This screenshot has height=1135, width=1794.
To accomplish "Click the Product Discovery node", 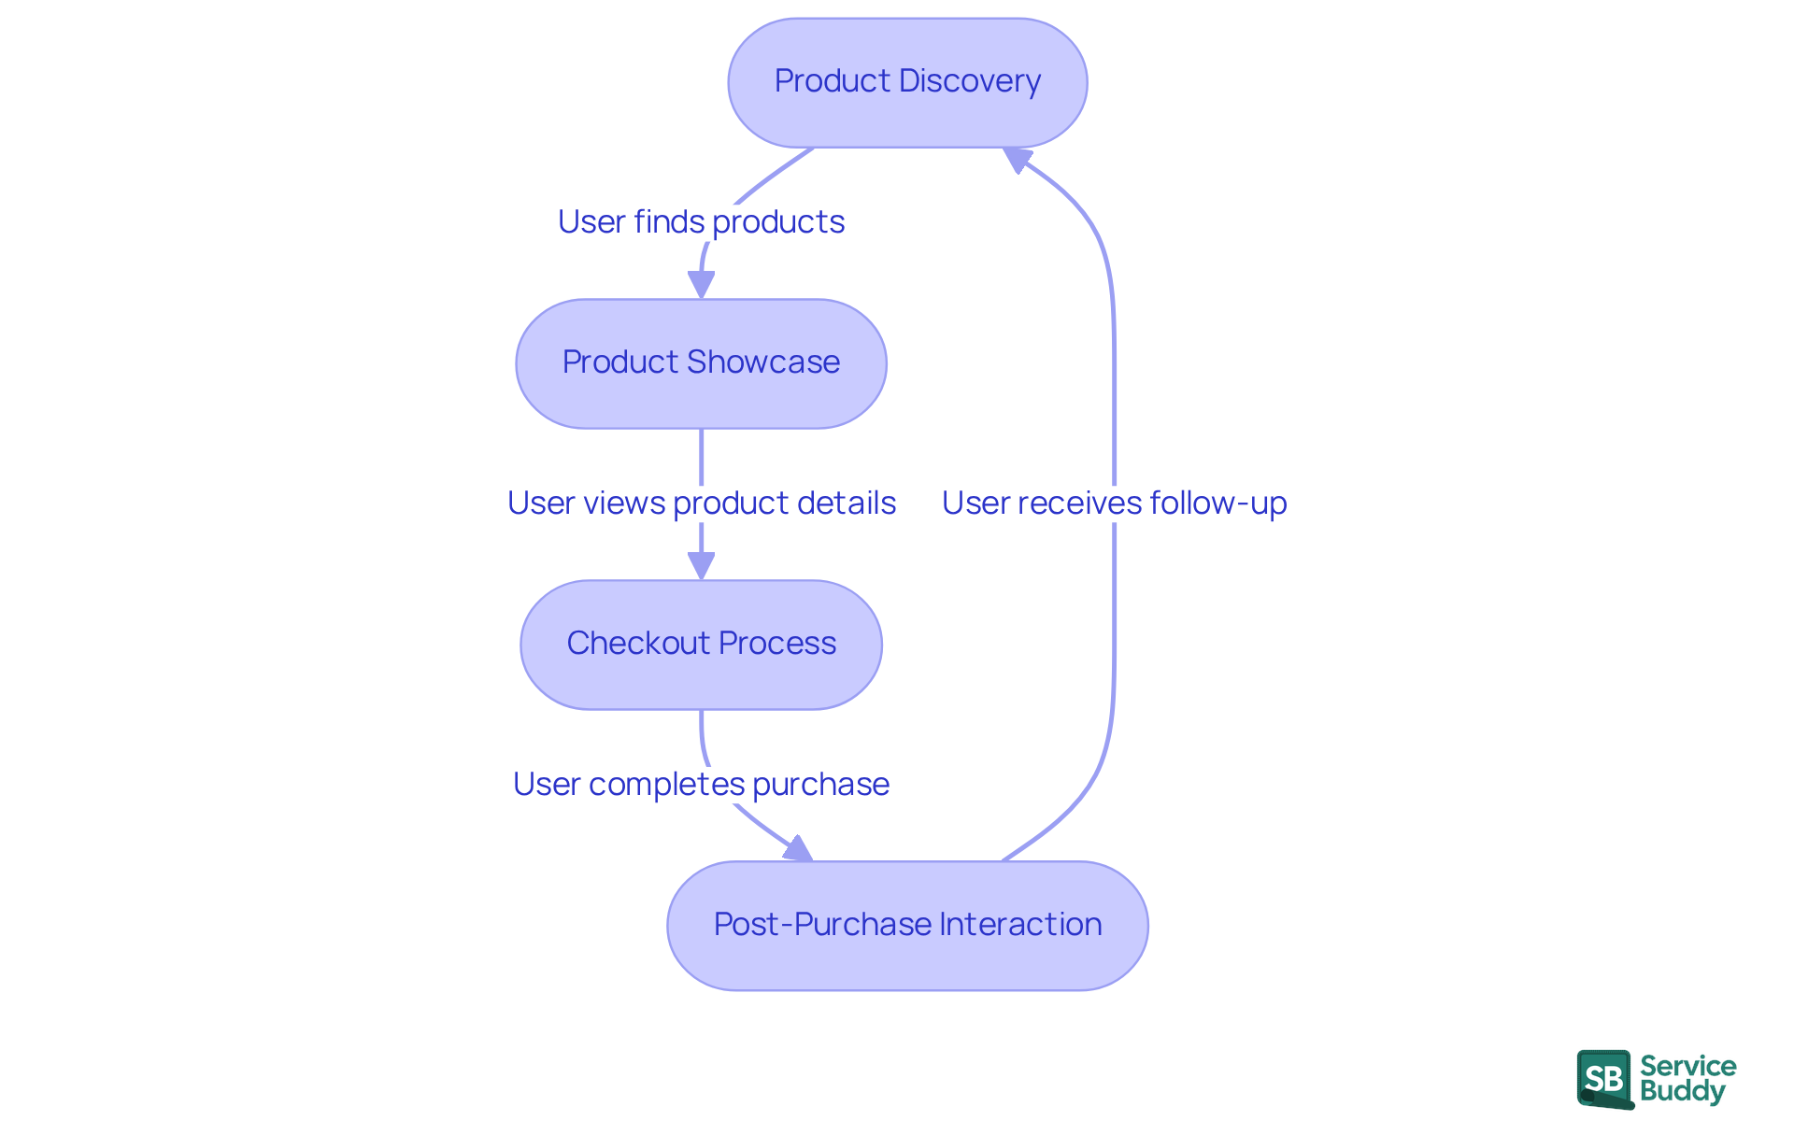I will [907, 82].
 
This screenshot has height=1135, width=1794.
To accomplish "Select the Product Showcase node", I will [701, 363].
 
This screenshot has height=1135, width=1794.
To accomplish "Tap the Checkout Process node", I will [701, 645].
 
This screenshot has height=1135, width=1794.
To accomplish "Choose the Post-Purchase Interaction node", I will [907, 926].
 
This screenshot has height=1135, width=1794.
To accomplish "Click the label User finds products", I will [701, 222].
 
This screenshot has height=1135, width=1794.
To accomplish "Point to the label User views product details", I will [701, 504].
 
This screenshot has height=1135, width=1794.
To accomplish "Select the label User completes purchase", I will [701, 785].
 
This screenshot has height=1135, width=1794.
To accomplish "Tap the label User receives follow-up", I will [1114, 504].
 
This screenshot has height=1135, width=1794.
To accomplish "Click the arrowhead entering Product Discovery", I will [1017, 160].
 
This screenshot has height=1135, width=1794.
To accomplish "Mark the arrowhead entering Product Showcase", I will [701, 284].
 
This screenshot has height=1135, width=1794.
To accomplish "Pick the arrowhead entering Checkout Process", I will [701, 565].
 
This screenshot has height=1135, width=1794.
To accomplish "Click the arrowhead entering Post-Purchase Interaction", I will [799, 849].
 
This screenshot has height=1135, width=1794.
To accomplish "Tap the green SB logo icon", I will [1604, 1079].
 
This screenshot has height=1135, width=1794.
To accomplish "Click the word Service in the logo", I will [1687, 1066].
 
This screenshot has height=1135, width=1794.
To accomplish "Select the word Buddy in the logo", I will [1682, 1091].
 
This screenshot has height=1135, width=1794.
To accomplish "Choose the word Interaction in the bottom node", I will [1020, 926].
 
